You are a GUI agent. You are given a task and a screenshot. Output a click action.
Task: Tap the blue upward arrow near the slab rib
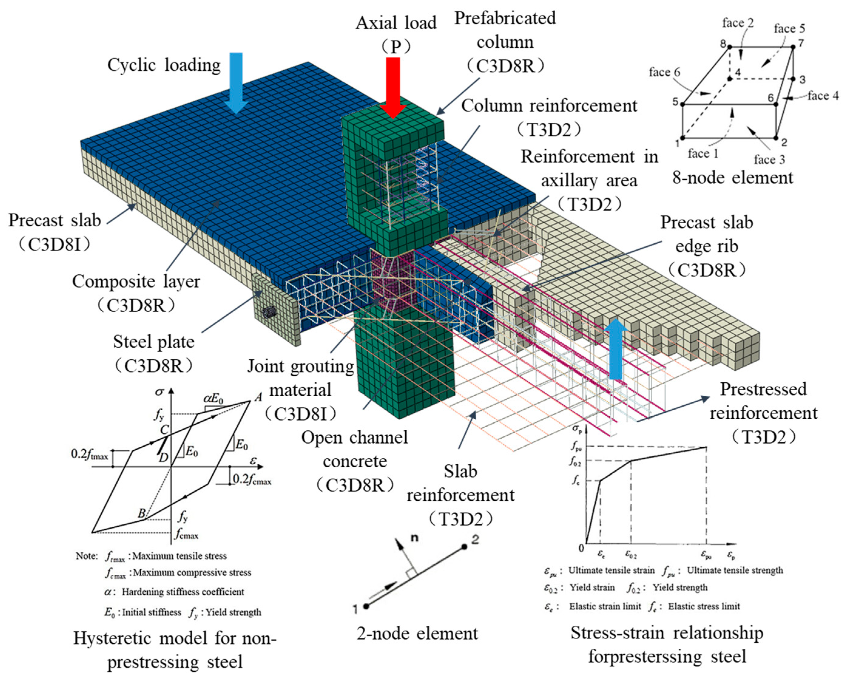coord(616,349)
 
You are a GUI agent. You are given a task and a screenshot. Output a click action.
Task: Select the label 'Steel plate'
coord(154,342)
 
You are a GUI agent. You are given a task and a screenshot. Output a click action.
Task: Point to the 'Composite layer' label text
coord(136,282)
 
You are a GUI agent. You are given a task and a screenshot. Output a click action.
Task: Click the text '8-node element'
coord(732,178)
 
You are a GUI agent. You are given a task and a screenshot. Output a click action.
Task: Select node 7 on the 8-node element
coord(793,47)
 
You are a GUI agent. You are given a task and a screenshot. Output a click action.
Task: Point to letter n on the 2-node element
coord(414,538)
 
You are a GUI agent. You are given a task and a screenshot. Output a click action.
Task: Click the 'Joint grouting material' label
coord(300,378)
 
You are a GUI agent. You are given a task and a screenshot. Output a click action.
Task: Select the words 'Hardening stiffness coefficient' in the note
coord(183,591)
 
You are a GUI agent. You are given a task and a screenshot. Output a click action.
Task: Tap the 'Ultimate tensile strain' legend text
coord(611,570)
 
